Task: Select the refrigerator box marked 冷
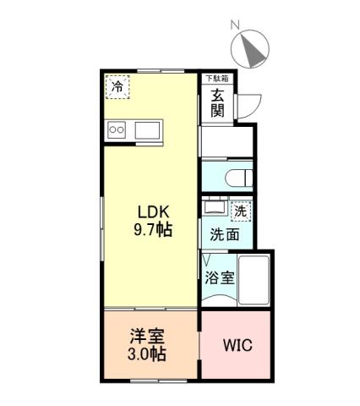click(118, 85)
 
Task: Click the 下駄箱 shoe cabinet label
click(217, 78)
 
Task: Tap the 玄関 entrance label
click(218, 102)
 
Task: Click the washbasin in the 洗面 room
click(214, 209)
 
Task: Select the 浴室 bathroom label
click(218, 276)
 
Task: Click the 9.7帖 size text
click(153, 230)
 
